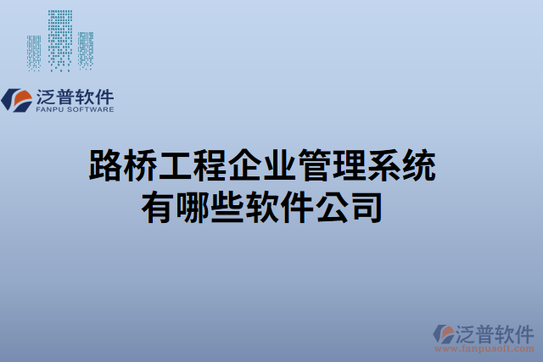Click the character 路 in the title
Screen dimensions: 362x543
point(105,166)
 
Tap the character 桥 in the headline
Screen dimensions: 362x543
point(140,166)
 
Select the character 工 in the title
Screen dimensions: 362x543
point(175,166)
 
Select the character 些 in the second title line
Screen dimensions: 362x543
point(228,206)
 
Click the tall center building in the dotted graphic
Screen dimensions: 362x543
point(59,38)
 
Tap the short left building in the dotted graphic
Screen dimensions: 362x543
point(34,53)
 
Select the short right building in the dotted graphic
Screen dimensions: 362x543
point(85,51)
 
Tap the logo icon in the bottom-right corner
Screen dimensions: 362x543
point(444,334)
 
